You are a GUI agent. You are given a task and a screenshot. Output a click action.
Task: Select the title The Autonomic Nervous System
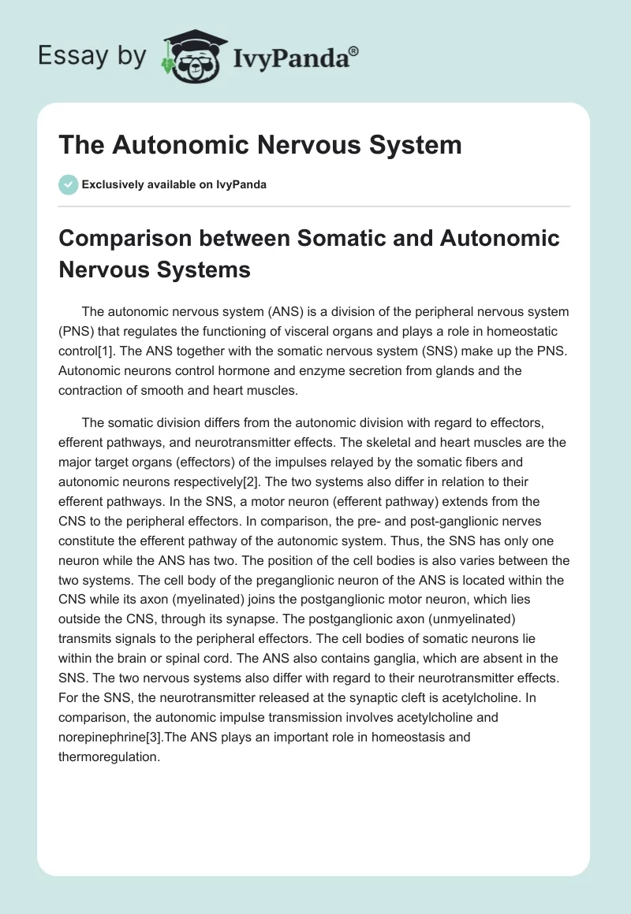tap(260, 145)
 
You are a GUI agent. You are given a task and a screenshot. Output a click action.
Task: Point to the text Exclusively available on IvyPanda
tap(174, 184)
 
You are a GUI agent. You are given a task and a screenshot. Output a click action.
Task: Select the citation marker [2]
tap(244, 482)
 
